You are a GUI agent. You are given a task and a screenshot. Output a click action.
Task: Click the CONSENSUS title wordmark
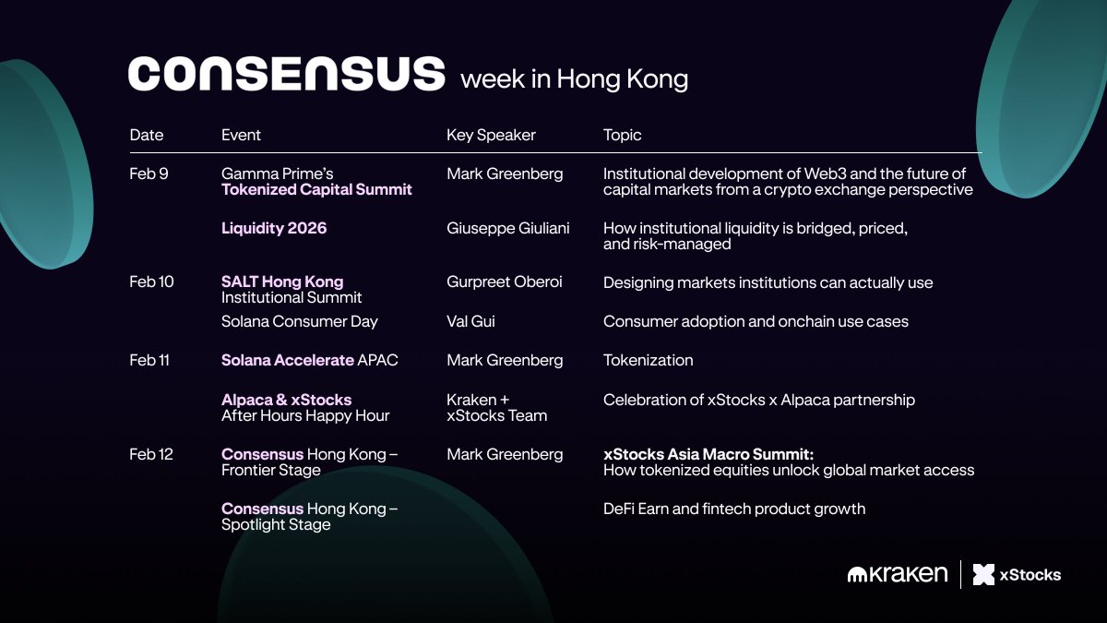coord(287,74)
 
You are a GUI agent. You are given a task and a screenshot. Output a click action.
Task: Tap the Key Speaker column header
coord(491,135)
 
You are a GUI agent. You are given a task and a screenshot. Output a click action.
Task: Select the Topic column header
coord(622,135)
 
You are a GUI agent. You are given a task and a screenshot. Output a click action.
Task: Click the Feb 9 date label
coord(149,174)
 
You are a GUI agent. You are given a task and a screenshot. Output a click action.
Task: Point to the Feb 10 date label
coord(151,282)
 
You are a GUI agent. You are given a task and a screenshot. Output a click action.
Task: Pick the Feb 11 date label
coord(149,360)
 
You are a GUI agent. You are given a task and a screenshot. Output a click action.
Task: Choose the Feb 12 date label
coord(151,454)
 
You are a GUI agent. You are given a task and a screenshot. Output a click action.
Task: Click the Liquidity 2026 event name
coord(274,228)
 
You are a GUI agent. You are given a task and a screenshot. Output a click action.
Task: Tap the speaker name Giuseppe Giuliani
coord(508,229)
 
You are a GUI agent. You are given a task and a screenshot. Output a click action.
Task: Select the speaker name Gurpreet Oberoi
coord(504,282)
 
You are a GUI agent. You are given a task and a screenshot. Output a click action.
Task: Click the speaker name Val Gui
coord(470,321)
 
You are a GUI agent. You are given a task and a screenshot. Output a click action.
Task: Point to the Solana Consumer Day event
coord(300,322)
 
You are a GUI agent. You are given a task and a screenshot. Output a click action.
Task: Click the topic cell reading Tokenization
coord(648,360)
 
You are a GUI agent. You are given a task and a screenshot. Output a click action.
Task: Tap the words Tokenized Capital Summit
coord(316,189)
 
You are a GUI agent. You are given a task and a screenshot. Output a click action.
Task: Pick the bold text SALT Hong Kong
coord(282,282)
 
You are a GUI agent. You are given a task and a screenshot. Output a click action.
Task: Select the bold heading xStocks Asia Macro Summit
coord(708,454)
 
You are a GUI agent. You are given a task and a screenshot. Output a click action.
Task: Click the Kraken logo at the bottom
coord(898,574)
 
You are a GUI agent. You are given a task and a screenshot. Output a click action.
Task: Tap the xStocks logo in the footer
coord(1017,574)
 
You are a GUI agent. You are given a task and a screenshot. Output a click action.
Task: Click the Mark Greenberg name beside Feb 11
coord(505,361)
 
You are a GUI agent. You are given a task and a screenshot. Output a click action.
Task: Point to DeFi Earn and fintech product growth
coord(734,509)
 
